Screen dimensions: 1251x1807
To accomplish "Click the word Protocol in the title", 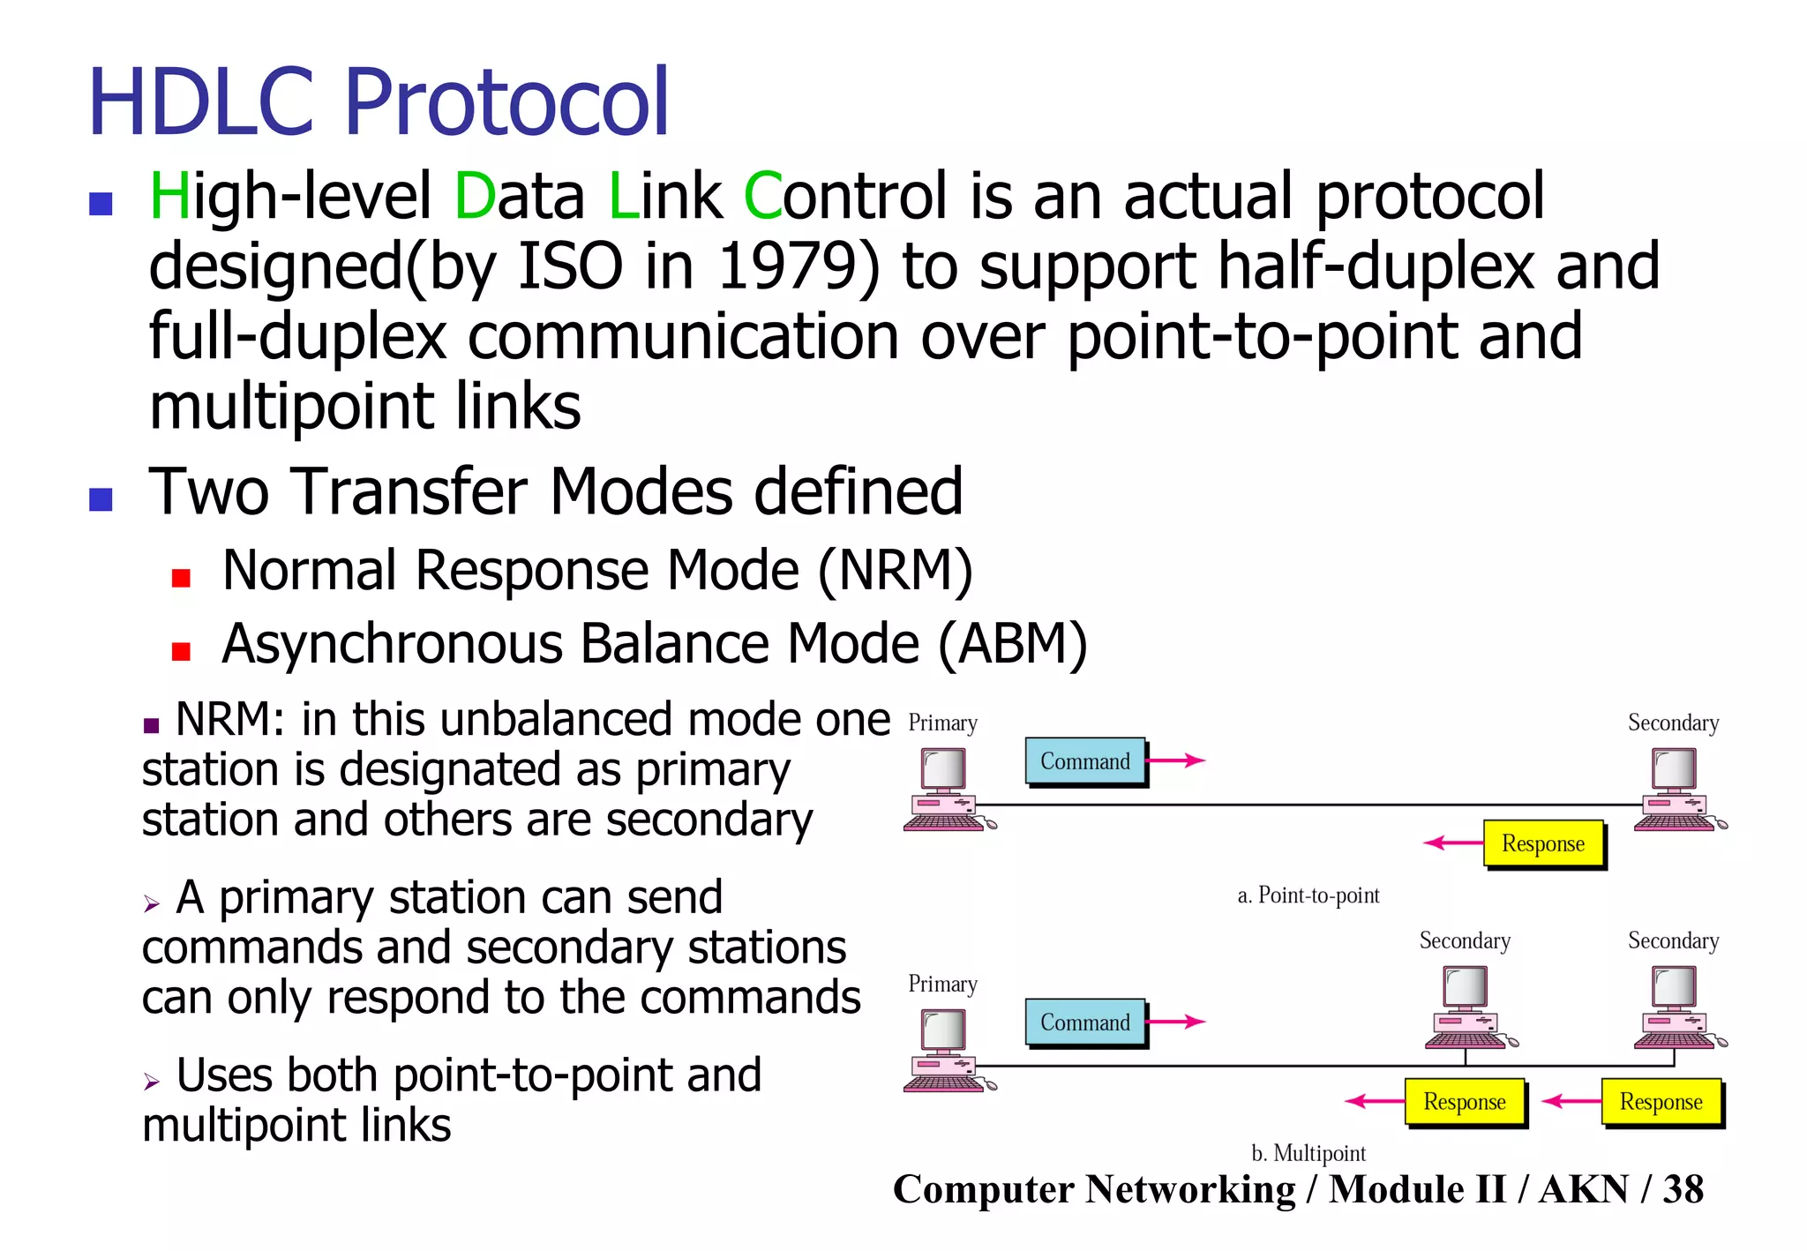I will coord(506,104).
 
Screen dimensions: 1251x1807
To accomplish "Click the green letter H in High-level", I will coord(169,196).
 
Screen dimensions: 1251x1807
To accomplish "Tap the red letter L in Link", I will coord(623,196).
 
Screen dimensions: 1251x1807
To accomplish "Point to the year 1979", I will coord(787,266).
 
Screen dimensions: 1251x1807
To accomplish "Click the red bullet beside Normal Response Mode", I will coord(181,578).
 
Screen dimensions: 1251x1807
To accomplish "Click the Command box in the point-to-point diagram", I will coord(1084,761).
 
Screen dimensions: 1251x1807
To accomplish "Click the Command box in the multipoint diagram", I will coord(1084,1023).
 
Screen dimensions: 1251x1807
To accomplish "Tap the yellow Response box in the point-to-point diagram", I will coord(1542,843).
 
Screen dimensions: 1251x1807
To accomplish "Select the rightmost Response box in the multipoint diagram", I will coord(1661,1102).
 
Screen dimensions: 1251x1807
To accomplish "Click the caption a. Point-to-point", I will coord(1308,895).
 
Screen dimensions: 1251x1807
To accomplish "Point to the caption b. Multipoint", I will coord(1308,1153).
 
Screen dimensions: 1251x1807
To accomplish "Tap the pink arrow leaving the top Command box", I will coord(1178,760).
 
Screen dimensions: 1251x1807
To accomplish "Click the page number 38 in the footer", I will coord(1683,1189).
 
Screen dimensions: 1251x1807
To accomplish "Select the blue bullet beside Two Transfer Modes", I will coord(101,499).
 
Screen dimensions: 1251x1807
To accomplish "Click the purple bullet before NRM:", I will coord(151,726).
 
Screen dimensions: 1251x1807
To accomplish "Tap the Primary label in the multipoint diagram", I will coord(942,984).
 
